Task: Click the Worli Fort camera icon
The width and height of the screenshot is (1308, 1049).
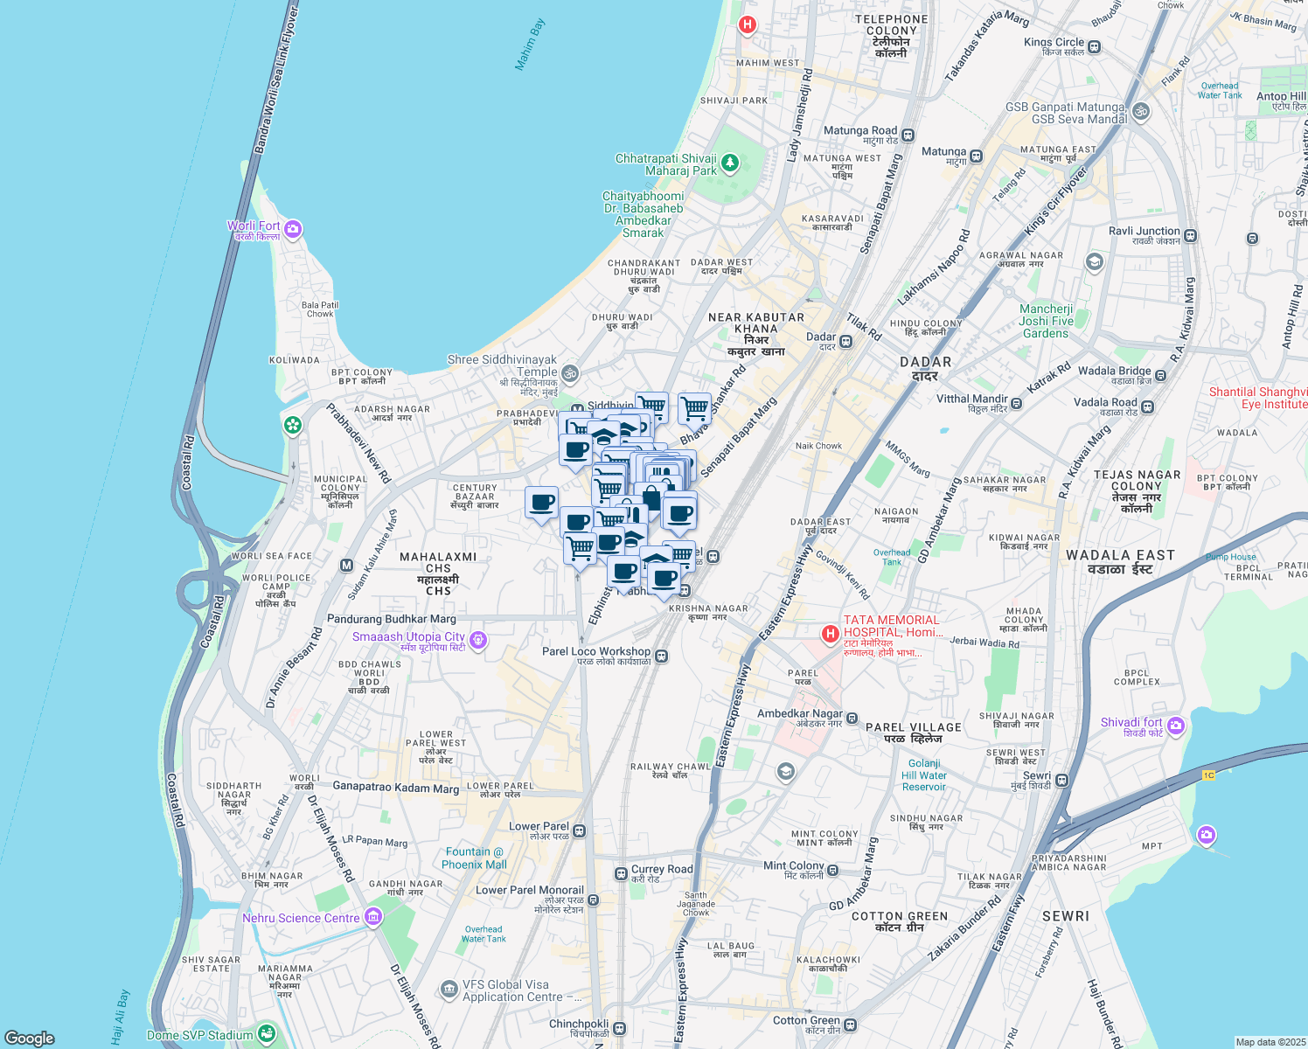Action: [x=293, y=229]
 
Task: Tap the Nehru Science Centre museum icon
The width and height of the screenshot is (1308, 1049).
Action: [x=373, y=917]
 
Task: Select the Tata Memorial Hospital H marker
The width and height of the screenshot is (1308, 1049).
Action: [x=830, y=633]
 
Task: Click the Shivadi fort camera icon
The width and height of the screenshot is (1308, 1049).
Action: [x=1176, y=725]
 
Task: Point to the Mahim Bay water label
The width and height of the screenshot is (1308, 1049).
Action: [x=530, y=45]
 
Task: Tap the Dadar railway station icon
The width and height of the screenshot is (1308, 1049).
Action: [x=846, y=341]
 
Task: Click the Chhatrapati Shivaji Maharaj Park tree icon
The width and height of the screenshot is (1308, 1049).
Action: [x=729, y=163]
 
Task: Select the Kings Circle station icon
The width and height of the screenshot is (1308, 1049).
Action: [x=1095, y=46]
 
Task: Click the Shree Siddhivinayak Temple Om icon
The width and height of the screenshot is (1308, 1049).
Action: [x=570, y=373]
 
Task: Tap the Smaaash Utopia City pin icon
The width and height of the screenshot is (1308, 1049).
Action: [x=477, y=641]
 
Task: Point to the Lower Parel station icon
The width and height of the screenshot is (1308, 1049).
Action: [x=580, y=830]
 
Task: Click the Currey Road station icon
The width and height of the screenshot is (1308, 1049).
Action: [x=621, y=873]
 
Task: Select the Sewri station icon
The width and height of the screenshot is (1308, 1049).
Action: [x=1061, y=780]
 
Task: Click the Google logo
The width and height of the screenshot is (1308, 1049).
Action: [x=30, y=1039]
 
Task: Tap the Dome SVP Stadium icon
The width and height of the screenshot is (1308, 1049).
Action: [x=267, y=1035]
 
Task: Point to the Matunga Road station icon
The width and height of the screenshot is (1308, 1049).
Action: [x=908, y=135]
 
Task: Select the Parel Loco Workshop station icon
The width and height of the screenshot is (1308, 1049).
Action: [x=662, y=656]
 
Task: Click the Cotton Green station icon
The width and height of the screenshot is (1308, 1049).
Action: [x=850, y=1025]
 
